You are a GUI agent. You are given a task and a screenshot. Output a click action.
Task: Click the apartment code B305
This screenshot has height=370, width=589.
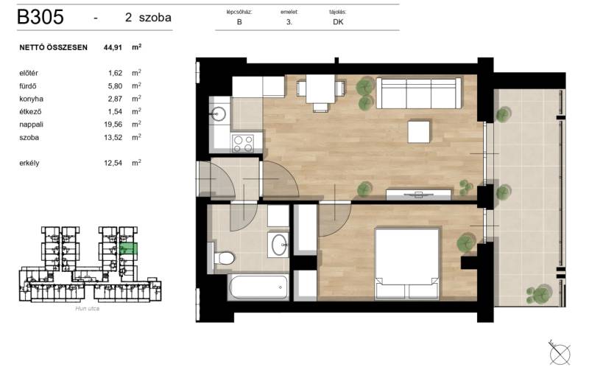[40, 17]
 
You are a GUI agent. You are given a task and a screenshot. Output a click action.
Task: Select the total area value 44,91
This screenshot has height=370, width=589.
[113, 47]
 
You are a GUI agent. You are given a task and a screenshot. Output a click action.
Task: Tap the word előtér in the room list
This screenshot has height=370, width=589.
[29, 73]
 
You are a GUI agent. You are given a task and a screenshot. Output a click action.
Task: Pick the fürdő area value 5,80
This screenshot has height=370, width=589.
[115, 85]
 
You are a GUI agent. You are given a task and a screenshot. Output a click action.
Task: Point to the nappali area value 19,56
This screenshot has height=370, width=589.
[113, 124]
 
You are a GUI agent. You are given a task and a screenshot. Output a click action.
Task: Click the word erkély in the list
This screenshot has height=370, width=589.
[29, 163]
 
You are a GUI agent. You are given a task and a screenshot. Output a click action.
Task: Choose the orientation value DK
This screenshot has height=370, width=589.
[338, 22]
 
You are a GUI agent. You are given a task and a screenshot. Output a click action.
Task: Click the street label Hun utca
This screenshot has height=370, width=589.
[87, 308]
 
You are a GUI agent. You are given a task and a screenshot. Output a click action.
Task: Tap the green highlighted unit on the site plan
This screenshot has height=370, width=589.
[128, 249]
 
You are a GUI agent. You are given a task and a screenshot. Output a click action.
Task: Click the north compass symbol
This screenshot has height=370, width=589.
[560, 353]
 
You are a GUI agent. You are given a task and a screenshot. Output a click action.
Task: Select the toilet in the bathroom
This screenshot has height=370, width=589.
[223, 258]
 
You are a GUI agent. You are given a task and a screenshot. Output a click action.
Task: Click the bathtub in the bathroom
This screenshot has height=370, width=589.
[258, 287]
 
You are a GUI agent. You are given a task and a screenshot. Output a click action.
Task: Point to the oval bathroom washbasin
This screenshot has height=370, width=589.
[279, 245]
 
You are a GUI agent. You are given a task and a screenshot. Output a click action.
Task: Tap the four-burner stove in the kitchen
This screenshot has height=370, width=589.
[243, 143]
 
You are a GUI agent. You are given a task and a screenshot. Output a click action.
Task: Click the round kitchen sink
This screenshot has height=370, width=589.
[218, 114]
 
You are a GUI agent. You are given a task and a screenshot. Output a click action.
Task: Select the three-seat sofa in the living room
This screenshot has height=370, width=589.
[418, 93]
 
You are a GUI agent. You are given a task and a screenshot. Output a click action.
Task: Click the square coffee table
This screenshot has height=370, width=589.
[418, 132]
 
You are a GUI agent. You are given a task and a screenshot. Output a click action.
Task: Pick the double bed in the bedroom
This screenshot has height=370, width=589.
[407, 264]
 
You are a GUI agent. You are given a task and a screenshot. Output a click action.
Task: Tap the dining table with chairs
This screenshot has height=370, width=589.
[320, 93]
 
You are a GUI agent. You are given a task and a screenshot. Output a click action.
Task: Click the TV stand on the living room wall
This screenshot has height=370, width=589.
[418, 195]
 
